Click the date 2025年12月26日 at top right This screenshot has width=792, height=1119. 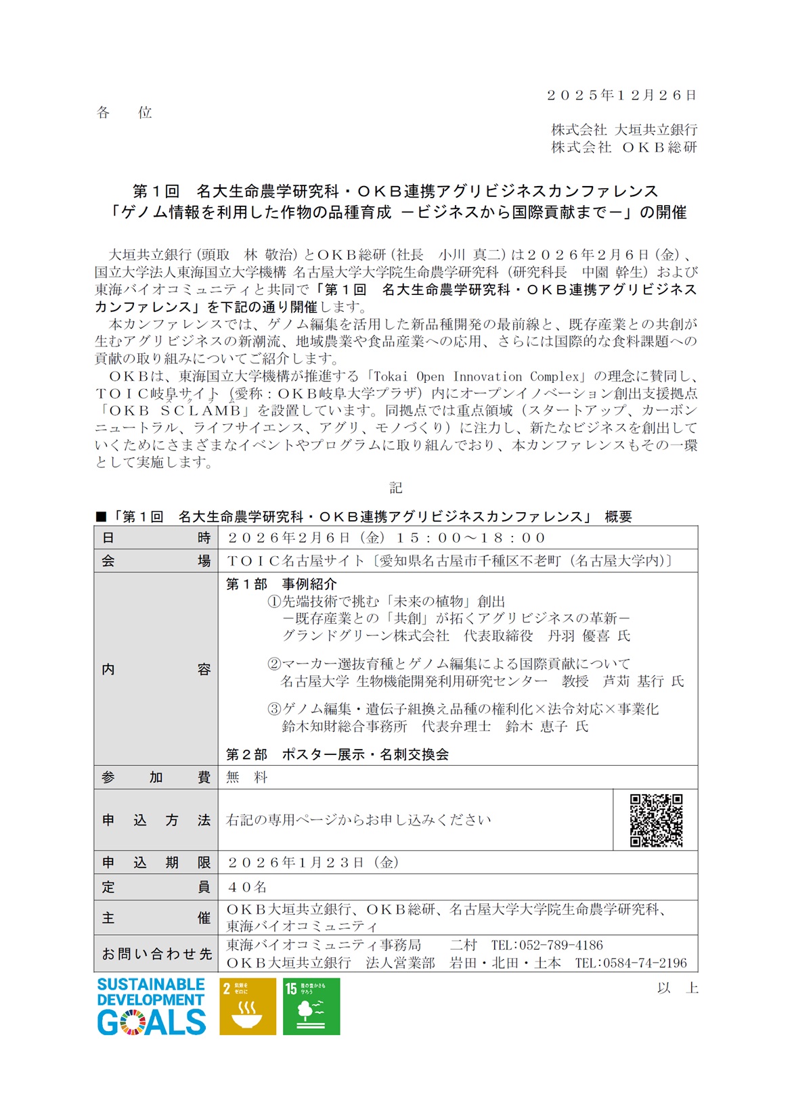[621, 95]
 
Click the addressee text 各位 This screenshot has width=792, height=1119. [125, 113]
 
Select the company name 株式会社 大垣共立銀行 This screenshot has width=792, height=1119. [623, 129]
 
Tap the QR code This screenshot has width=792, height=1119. [655, 820]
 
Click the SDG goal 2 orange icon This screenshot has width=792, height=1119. [248, 1006]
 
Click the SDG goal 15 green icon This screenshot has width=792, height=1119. [311, 1006]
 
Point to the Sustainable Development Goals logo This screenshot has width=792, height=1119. [151, 1006]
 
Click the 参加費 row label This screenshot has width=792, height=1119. [156, 777]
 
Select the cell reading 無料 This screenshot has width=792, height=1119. [247, 777]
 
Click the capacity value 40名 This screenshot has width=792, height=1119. [247, 886]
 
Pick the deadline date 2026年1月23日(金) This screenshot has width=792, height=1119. [313, 863]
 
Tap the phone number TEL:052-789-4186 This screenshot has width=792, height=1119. [547, 945]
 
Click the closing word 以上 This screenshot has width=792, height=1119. [677, 988]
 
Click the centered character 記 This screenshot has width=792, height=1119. [396, 488]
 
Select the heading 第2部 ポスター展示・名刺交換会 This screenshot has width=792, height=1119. [337, 754]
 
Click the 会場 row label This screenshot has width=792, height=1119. [156, 561]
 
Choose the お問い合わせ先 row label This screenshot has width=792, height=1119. [156, 954]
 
